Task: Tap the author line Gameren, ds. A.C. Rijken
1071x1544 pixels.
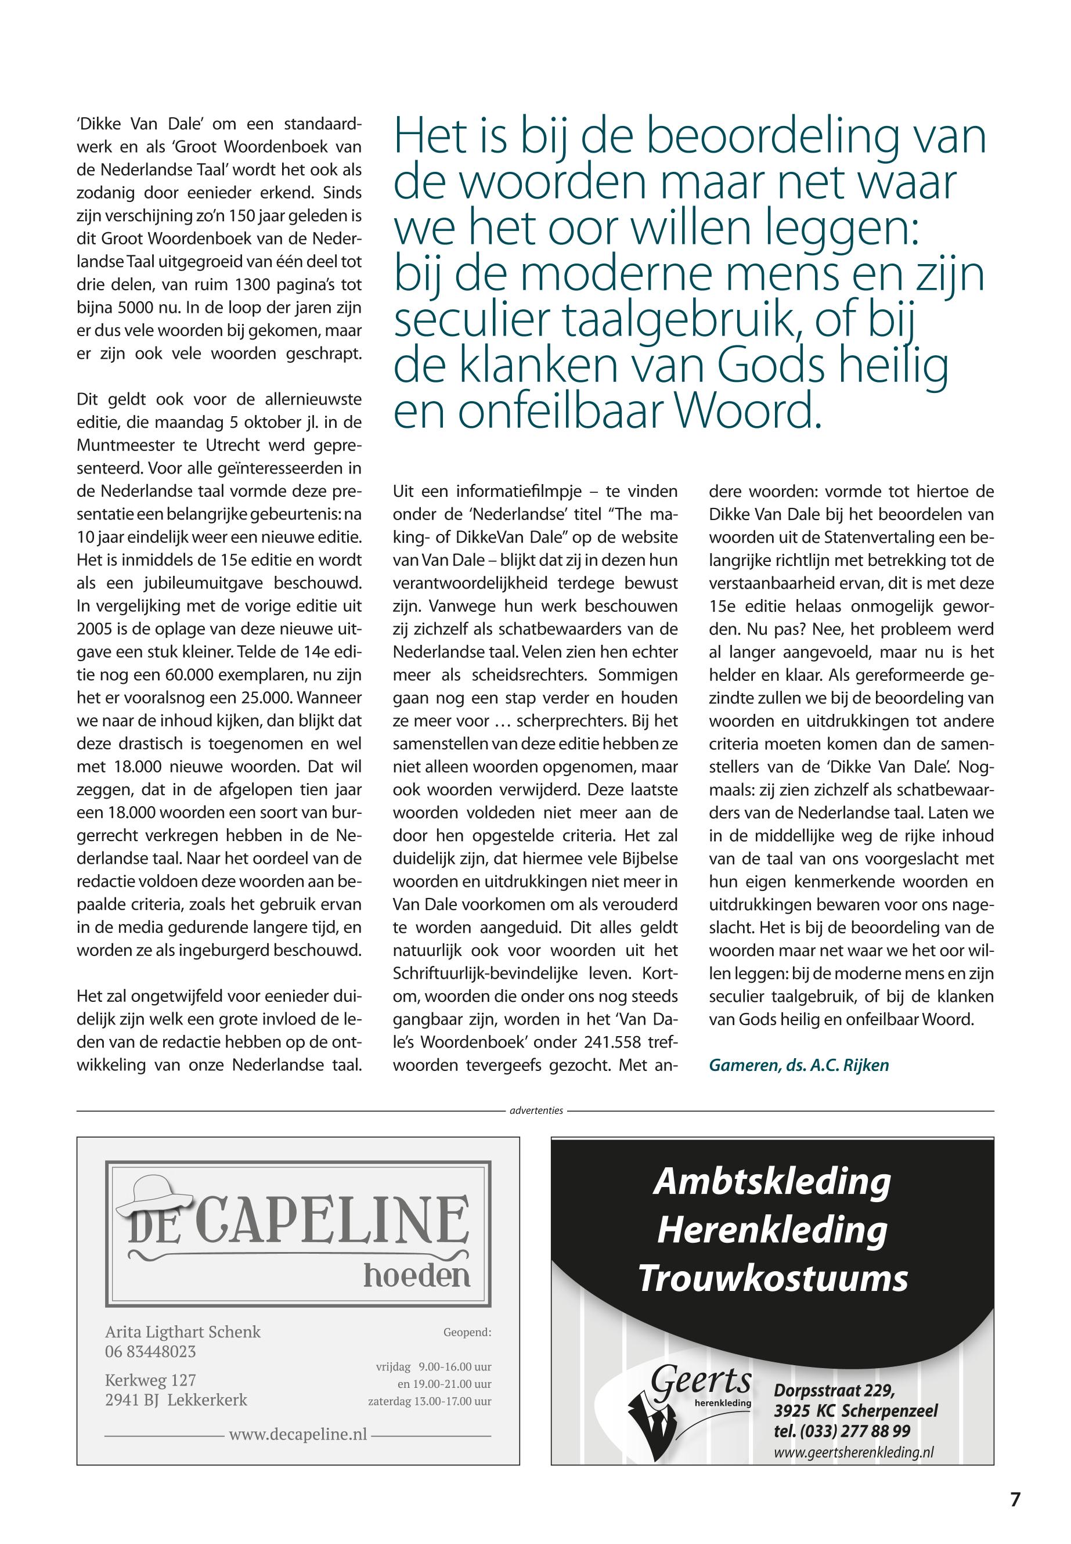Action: pyautogui.click(x=799, y=1065)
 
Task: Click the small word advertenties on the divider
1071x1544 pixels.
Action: pyautogui.click(x=536, y=1110)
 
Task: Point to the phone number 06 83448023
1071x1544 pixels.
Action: pyautogui.click(x=150, y=1351)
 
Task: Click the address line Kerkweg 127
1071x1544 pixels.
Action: pyautogui.click(x=150, y=1380)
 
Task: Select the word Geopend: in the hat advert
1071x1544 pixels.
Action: pyautogui.click(x=467, y=1332)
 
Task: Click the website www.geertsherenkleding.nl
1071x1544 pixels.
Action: pyautogui.click(x=853, y=1452)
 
